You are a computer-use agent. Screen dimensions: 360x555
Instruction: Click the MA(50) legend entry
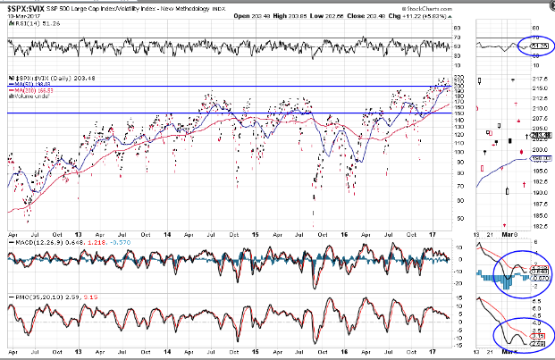(x=23, y=84)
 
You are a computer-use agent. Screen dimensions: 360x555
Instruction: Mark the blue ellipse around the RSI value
(x=533, y=45)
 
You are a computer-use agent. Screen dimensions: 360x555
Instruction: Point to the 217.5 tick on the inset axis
(x=539, y=86)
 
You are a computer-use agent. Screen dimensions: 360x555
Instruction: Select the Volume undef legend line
(x=26, y=97)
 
